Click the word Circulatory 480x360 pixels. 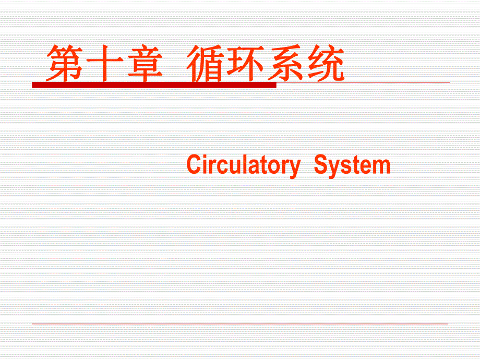(x=243, y=166)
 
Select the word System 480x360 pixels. (x=352, y=166)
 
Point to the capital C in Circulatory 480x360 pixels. (x=194, y=166)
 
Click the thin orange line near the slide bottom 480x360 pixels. (x=240, y=324)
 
